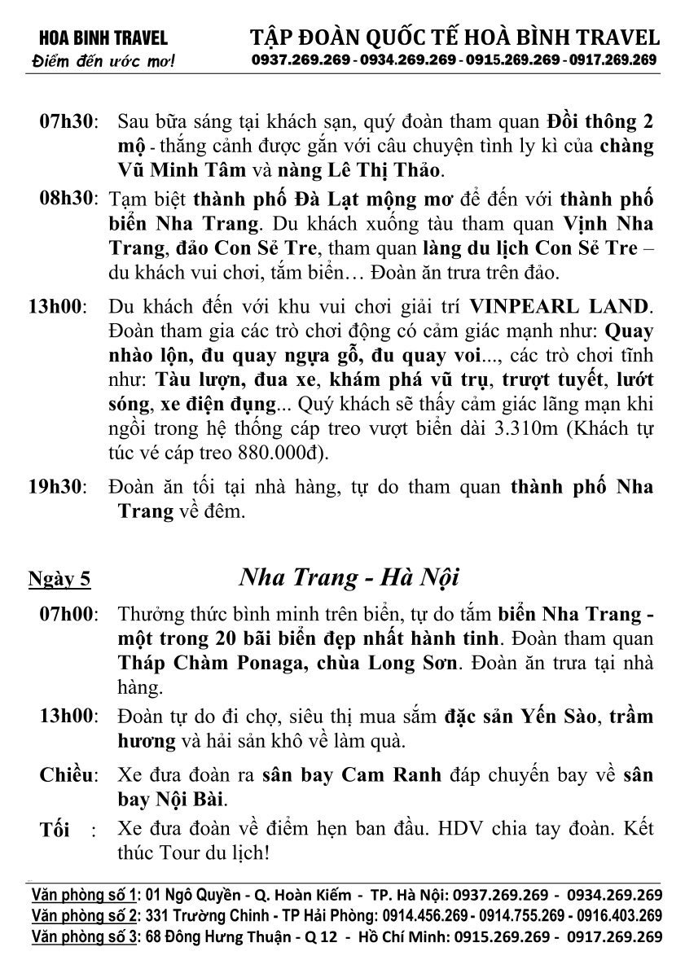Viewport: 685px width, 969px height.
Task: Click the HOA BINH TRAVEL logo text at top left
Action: click(97, 37)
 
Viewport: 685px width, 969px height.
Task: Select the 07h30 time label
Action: click(68, 123)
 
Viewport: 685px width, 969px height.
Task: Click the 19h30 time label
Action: click(57, 488)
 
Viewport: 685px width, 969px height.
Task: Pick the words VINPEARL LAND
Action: click(560, 308)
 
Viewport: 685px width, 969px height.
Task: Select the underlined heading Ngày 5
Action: click(59, 580)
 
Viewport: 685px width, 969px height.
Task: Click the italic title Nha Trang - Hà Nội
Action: click(349, 578)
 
